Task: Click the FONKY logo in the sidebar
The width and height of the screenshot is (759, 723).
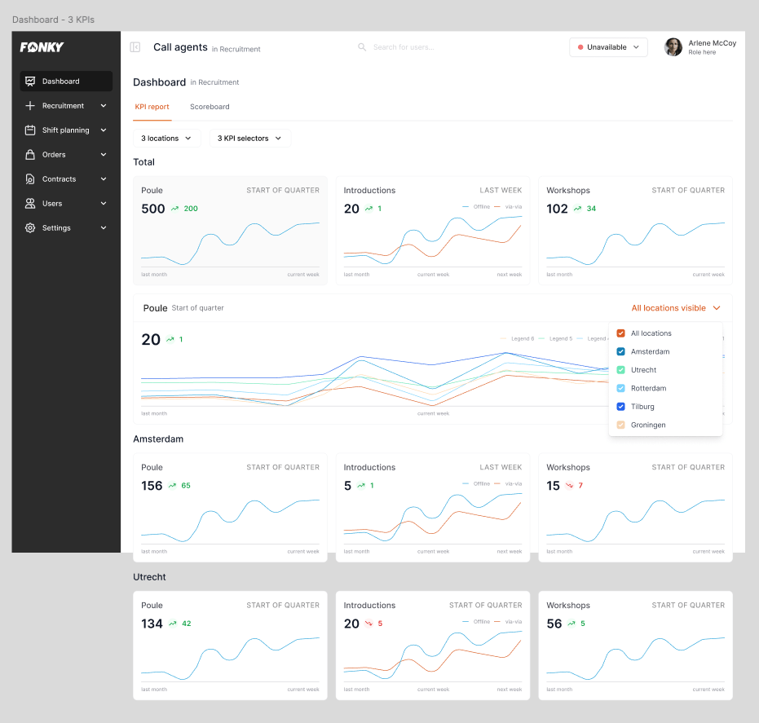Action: pos(42,47)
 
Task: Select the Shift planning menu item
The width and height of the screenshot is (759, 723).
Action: pos(65,130)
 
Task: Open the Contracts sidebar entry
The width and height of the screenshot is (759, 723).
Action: pos(59,179)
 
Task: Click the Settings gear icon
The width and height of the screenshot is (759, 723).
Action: pos(30,228)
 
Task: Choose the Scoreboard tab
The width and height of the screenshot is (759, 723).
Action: pos(210,107)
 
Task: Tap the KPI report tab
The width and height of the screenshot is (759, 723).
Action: pos(152,107)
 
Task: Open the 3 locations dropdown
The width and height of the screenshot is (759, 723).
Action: pos(166,139)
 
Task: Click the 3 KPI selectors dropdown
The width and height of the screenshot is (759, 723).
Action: pos(249,139)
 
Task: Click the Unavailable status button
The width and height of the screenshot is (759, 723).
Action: pos(608,47)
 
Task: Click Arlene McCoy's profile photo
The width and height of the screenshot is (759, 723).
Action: pos(673,47)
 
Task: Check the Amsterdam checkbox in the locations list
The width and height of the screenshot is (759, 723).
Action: pos(621,352)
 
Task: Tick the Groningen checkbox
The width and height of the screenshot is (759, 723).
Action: pos(621,425)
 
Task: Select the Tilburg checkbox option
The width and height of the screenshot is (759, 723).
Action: pos(621,407)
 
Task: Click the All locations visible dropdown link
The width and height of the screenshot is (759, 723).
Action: pos(676,308)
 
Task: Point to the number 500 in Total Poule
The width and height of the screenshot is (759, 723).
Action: pos(153,209)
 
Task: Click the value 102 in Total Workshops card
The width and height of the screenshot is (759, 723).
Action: pos(557,209)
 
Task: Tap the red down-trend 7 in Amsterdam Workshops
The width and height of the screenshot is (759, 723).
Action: pos(576,486)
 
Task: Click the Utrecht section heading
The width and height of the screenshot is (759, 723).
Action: pos(149,577)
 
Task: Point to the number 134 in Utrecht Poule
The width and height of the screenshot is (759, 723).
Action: pos(152,624)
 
